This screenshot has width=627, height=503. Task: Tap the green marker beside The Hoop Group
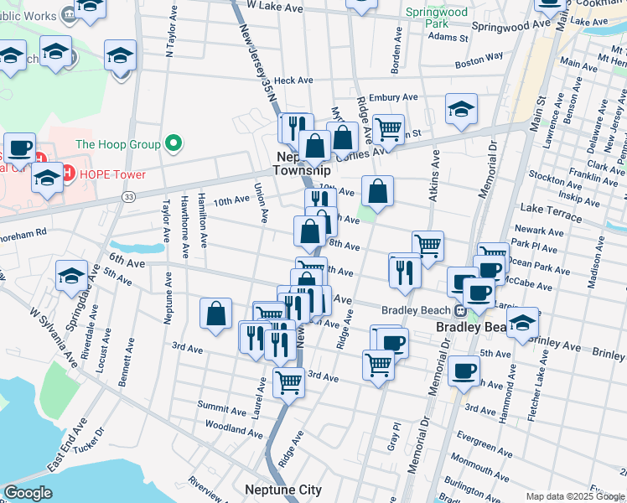[x=174, y=144]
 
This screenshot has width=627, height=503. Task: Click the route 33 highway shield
[x=128, y=196]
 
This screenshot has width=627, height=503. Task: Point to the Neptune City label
[x=283, y=490]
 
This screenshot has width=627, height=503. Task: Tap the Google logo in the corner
[x=28, y=492]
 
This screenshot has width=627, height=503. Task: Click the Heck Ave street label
[x=293, y=80]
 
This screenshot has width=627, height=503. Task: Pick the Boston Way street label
[x=479, y=60]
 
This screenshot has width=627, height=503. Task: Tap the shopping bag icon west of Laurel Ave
[x=216, y=314]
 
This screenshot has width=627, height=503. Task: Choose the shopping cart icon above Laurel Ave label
[x=289, y=381]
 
